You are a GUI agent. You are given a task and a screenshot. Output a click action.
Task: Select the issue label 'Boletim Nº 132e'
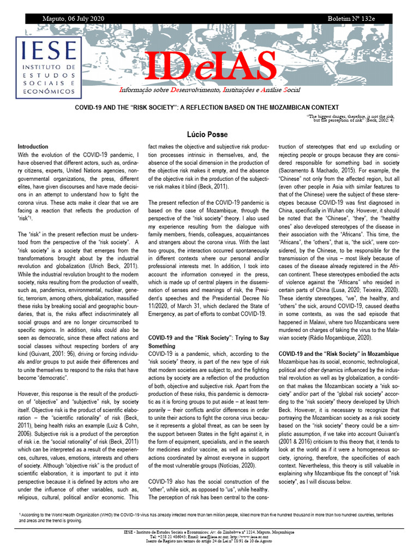tap(351, 19)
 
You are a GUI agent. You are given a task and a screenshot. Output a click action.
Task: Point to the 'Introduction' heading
tap(33, 147)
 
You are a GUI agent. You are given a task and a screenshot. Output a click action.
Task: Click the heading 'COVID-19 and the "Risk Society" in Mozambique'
tap(338, 354)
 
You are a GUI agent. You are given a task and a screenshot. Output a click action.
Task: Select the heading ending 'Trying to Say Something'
tap(209, 342)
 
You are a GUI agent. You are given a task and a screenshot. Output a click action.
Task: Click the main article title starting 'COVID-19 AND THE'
tap(234, 108)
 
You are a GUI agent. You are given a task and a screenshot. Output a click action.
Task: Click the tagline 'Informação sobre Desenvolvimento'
tap(210, 90)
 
